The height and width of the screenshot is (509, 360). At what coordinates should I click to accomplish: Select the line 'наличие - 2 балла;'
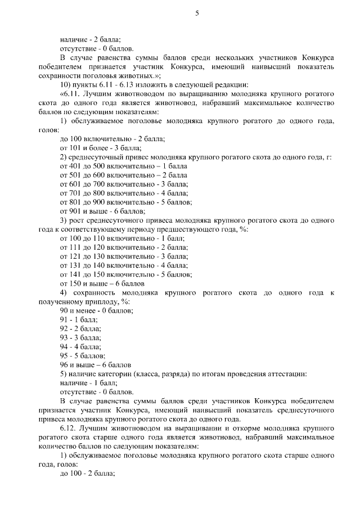[x=90, y=39]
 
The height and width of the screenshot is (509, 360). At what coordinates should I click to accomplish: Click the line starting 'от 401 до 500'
[x=123, y=166]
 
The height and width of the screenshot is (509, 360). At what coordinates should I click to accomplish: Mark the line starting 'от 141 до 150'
[x=125, y=274]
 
